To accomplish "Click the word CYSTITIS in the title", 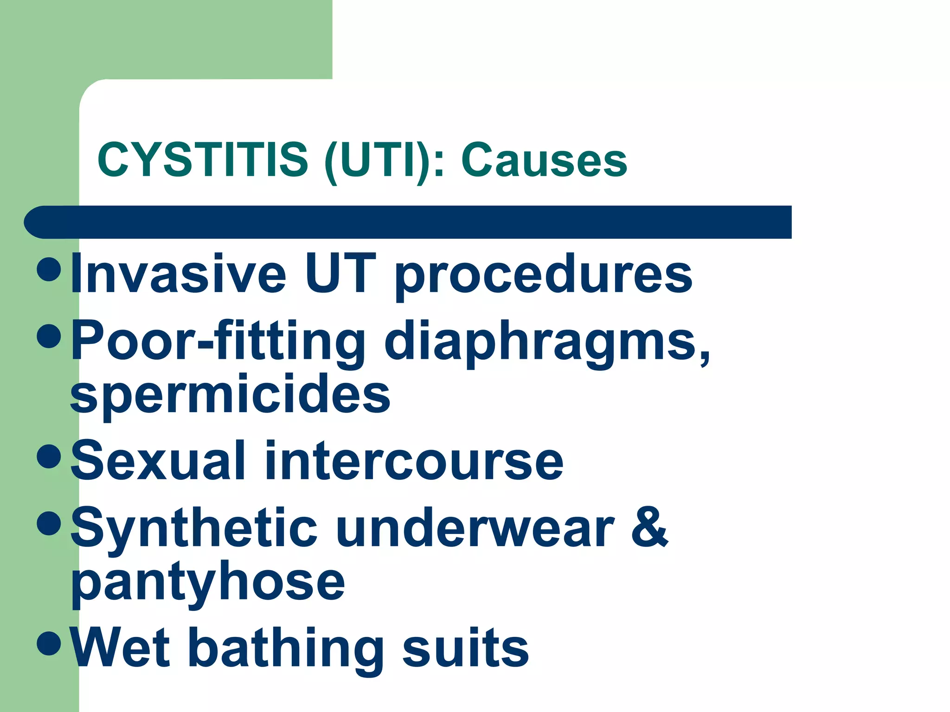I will click(203, 160).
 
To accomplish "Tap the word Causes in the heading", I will click(544, 160).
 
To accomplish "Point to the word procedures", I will click(543, 276).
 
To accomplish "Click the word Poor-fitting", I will click(218, 342).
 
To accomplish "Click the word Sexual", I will click(158, 461).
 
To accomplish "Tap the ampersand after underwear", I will click(649, 528).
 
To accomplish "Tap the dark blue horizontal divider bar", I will click(408, 222).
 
